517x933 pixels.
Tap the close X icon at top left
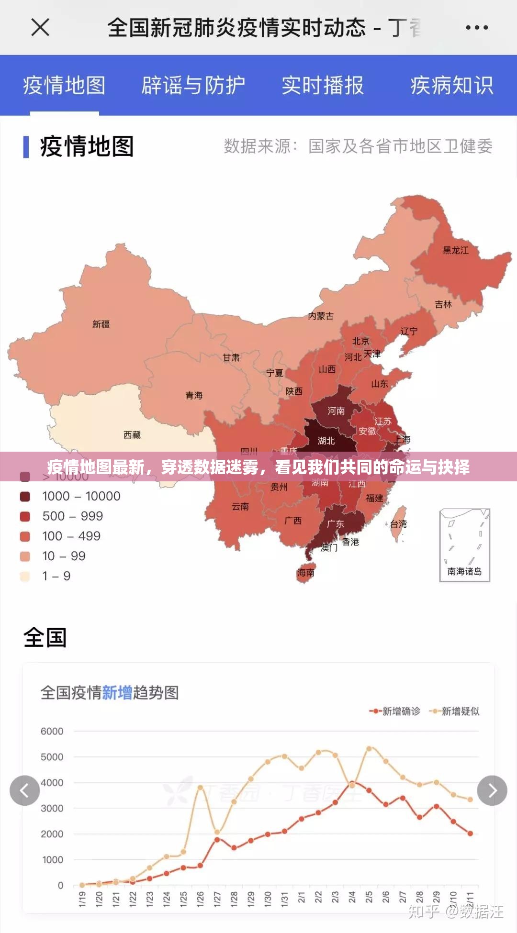[40, 27]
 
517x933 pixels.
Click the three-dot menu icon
[477, 27]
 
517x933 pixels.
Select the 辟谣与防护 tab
[193, 86]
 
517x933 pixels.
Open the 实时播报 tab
[322, 86]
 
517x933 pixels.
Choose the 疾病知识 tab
[451, 86]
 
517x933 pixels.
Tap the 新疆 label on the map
[101, 324]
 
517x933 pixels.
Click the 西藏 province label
[132, 435]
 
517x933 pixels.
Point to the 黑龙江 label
[455, 250]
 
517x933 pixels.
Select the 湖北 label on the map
[326, 441]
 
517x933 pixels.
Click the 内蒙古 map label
[321, 316]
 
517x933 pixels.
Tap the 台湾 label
[398, 524]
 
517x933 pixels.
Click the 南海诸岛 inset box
[464, 545]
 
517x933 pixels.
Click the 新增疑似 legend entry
[455, 711]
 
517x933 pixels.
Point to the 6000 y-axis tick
[52, 731]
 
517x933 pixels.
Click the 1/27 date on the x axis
[217, 899]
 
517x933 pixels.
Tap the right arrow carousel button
[492, 790]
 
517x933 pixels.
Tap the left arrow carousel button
[24, 790]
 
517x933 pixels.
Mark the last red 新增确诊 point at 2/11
[470, 833]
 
